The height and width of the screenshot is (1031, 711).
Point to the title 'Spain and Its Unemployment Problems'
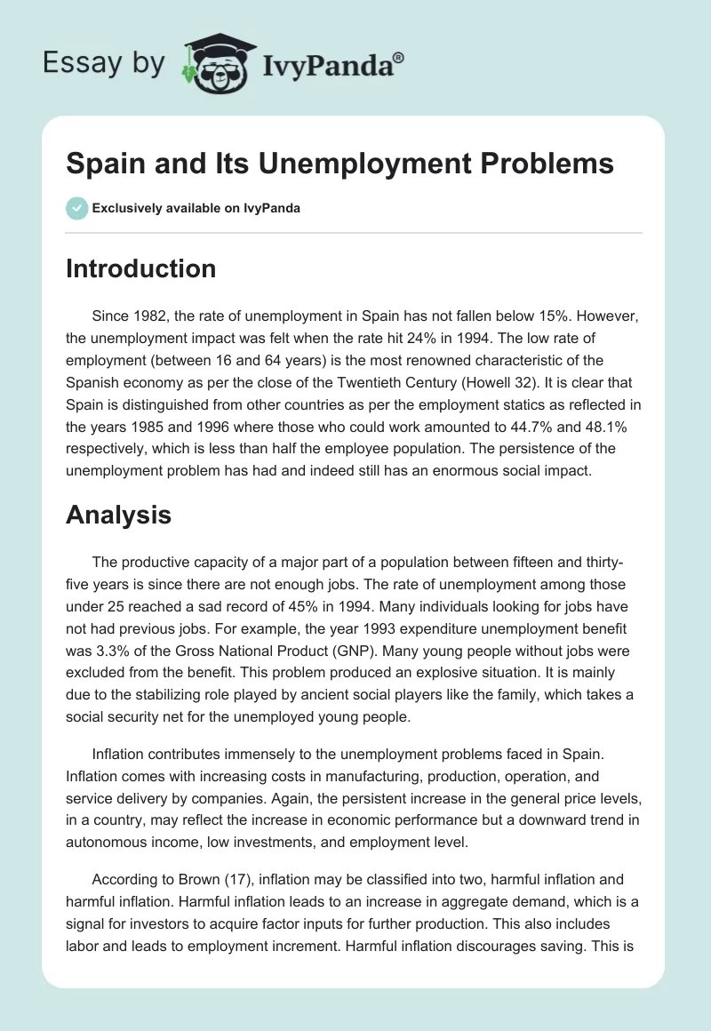pyautogui.click(x=340, y=164)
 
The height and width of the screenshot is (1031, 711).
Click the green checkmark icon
pyautogui.click(x=76, y=208)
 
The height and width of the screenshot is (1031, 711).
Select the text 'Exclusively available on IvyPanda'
pyautogui.click(x=196, y=209)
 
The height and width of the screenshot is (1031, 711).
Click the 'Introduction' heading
pyautogui.click(x=140, y=268)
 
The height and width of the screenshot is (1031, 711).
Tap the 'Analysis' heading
pyautogui.click(x=118, y=515)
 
